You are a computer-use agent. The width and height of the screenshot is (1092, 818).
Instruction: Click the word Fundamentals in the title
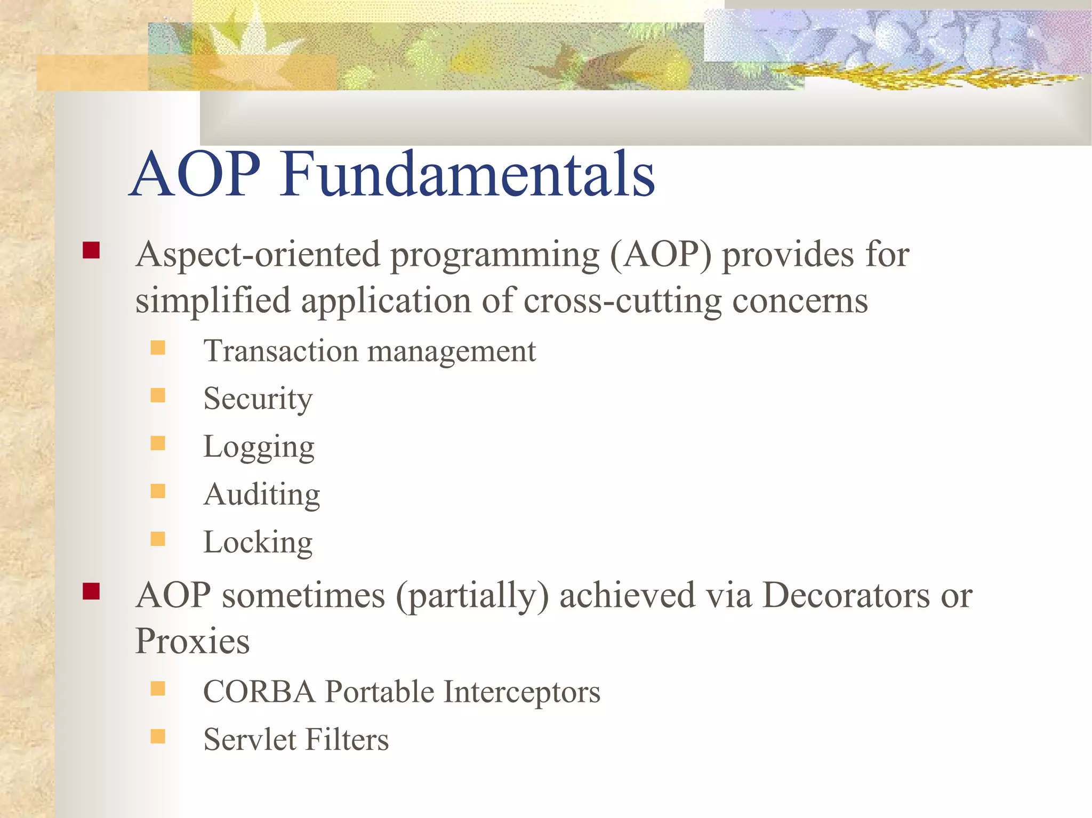[468, 175]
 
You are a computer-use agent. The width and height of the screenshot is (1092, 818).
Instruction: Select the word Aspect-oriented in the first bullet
[259, 255]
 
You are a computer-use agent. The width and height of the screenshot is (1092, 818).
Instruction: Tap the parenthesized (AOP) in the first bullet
[661, 255]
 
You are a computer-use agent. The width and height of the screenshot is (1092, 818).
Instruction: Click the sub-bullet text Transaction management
[370, 352]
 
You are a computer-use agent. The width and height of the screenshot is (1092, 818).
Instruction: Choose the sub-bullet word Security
[258, 399]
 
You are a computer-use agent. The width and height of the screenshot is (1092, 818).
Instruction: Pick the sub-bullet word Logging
[259, 447]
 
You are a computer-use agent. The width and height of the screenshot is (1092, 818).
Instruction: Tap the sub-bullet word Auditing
[262, 495]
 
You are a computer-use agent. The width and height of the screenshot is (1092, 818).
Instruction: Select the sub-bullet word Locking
[258, 542]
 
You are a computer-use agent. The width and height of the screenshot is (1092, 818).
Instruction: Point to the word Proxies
[192, 641]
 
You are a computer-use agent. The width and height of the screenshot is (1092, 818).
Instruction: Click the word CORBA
[259, 692]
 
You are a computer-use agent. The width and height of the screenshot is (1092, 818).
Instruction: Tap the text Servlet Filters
[296, 740]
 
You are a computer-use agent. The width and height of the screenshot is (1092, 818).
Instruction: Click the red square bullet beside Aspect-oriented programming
[91, 250]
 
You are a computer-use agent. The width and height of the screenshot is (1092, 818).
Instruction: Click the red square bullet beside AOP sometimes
[91, 592]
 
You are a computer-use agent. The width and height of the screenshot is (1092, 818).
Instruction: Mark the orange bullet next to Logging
[158, 443]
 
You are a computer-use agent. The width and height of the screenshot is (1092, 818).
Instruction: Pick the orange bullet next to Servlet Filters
[158, 736]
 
